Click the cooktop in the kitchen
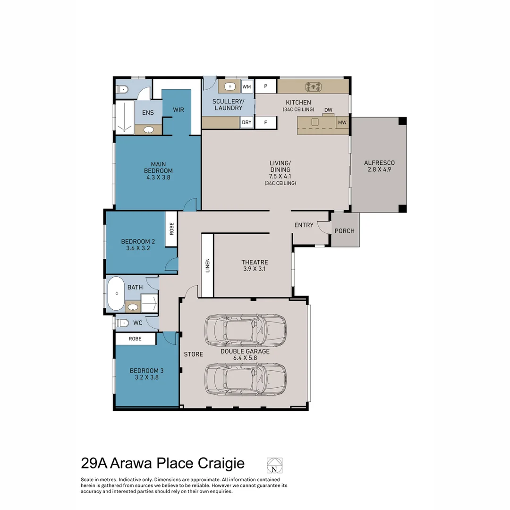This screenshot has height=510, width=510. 314,86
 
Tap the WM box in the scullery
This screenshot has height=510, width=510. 247,86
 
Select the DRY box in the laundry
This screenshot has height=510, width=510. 247,122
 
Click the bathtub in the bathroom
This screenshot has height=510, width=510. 115,294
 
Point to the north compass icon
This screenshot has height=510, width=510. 274,466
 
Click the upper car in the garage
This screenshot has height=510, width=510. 245,329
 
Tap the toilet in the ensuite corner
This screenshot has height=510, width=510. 122,88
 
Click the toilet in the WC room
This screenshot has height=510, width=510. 122,323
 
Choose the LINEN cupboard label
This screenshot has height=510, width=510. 207,265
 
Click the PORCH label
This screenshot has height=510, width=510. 344,231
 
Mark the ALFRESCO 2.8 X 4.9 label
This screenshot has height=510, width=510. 379,166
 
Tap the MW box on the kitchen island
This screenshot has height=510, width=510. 342,123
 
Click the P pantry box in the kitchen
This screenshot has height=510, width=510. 266,86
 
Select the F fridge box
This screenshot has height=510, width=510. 266,122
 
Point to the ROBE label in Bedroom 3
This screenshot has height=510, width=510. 135,339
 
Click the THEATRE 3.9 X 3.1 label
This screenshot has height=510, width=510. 255,265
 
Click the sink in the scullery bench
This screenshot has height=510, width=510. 230,86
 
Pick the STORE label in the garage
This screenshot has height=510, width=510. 193,354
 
